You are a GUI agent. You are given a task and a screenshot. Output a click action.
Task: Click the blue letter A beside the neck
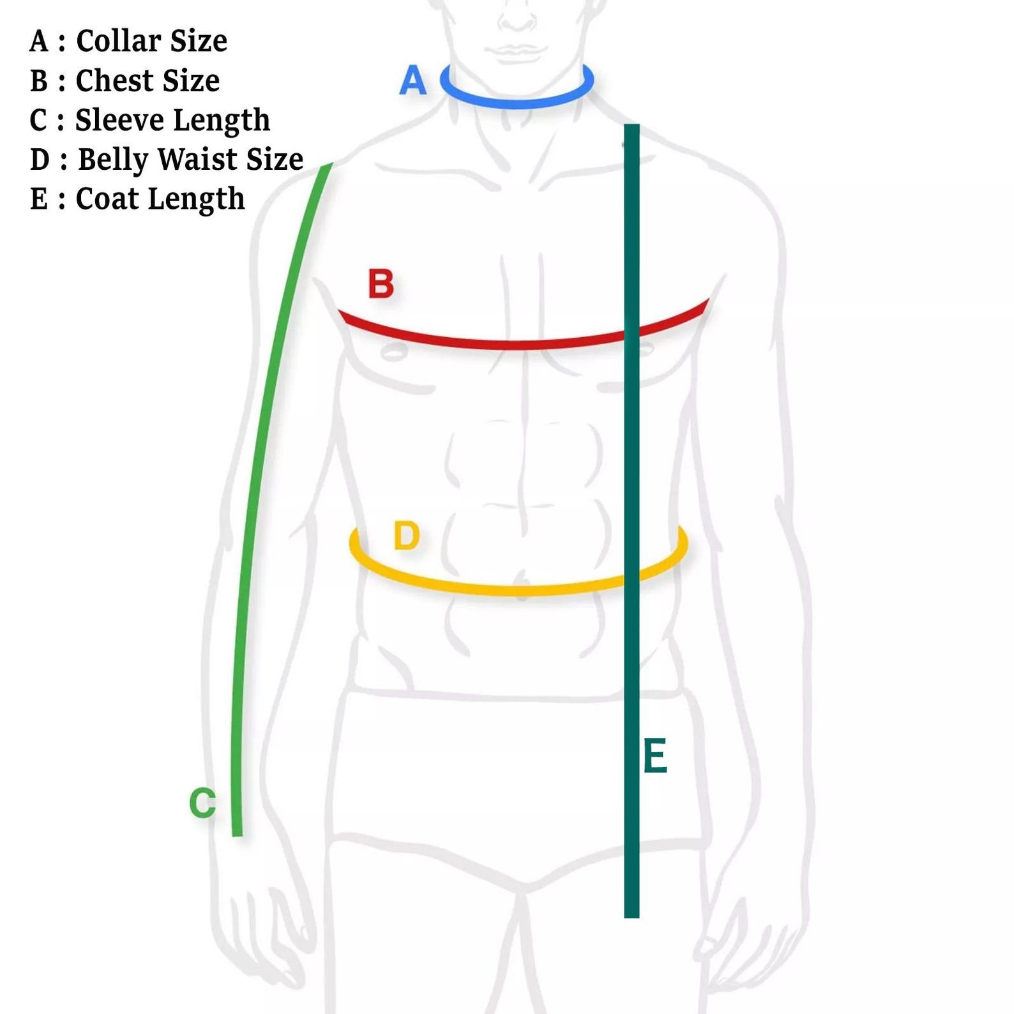[x=412, y=80]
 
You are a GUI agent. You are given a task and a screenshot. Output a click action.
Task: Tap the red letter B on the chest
[x=381, y=284]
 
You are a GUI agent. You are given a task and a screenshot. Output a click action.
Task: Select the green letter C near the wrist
[x=202, y=803]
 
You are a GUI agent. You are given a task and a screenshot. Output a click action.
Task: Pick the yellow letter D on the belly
[x=406, y=535]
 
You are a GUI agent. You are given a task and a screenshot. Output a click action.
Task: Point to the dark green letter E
[x=655, y=755]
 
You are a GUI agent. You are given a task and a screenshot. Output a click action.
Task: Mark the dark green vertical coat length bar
[x=632, y=521]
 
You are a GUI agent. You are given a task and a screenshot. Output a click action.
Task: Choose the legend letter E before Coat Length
[x=39, y=199]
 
